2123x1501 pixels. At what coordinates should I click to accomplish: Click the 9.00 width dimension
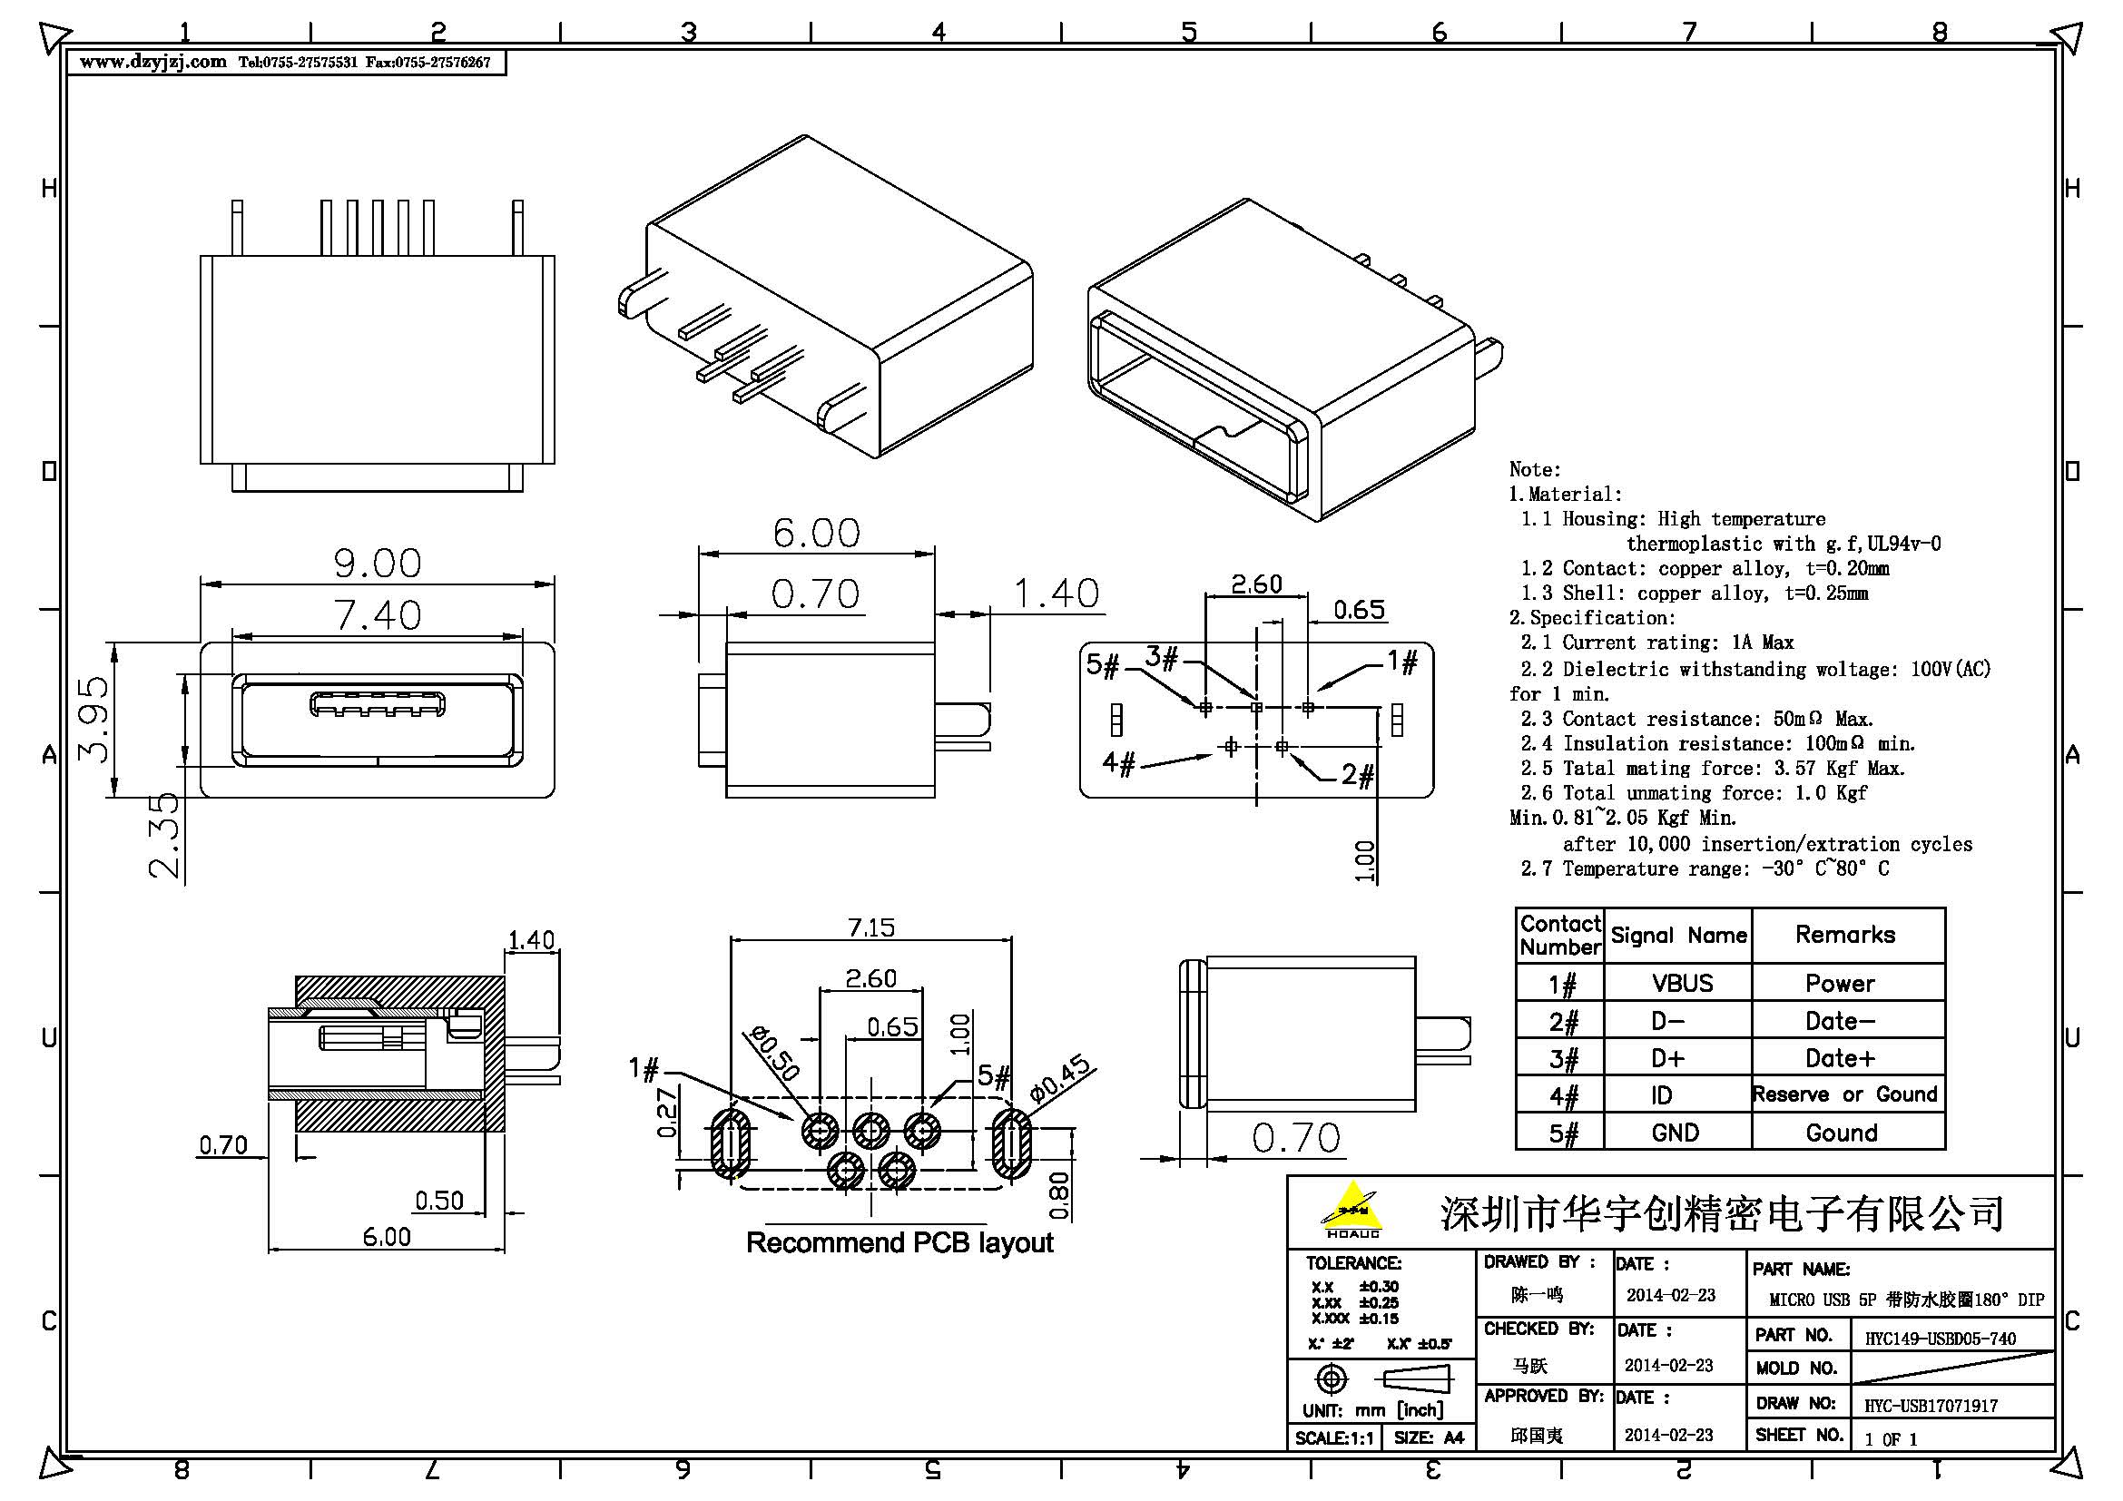click(x=378, y=563)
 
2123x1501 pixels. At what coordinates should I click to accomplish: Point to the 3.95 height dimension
click(x=93, y=720)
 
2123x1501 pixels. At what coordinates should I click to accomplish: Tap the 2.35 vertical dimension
click(x=163, y=835)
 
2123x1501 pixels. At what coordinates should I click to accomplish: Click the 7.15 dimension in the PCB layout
click(x=870, y=927)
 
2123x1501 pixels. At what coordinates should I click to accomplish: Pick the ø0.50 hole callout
click(x=774, y=1055)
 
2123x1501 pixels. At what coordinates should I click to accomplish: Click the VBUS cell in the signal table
click(x=1682, y=983)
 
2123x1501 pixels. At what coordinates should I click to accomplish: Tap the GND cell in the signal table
click(x=1675, y=1133)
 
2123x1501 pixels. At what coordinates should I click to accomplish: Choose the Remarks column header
click(x=1844, y=935)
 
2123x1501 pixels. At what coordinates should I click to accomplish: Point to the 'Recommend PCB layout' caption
click(x=899, y=1242)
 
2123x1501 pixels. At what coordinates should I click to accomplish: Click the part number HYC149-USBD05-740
click(x=1939, y=1338)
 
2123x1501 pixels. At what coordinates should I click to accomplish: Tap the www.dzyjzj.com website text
click(x=152, y=62)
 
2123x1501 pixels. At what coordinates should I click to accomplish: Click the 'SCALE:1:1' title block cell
click(x=1332, y=1438)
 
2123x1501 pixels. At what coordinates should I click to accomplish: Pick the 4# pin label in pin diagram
click(x=1118, y=763)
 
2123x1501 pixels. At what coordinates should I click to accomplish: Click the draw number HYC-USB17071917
click(x=1930, y=1406)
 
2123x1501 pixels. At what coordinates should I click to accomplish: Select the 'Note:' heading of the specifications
click(x=1534, y=469)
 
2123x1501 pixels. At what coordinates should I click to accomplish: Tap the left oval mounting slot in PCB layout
click(x=730, y=1144)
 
